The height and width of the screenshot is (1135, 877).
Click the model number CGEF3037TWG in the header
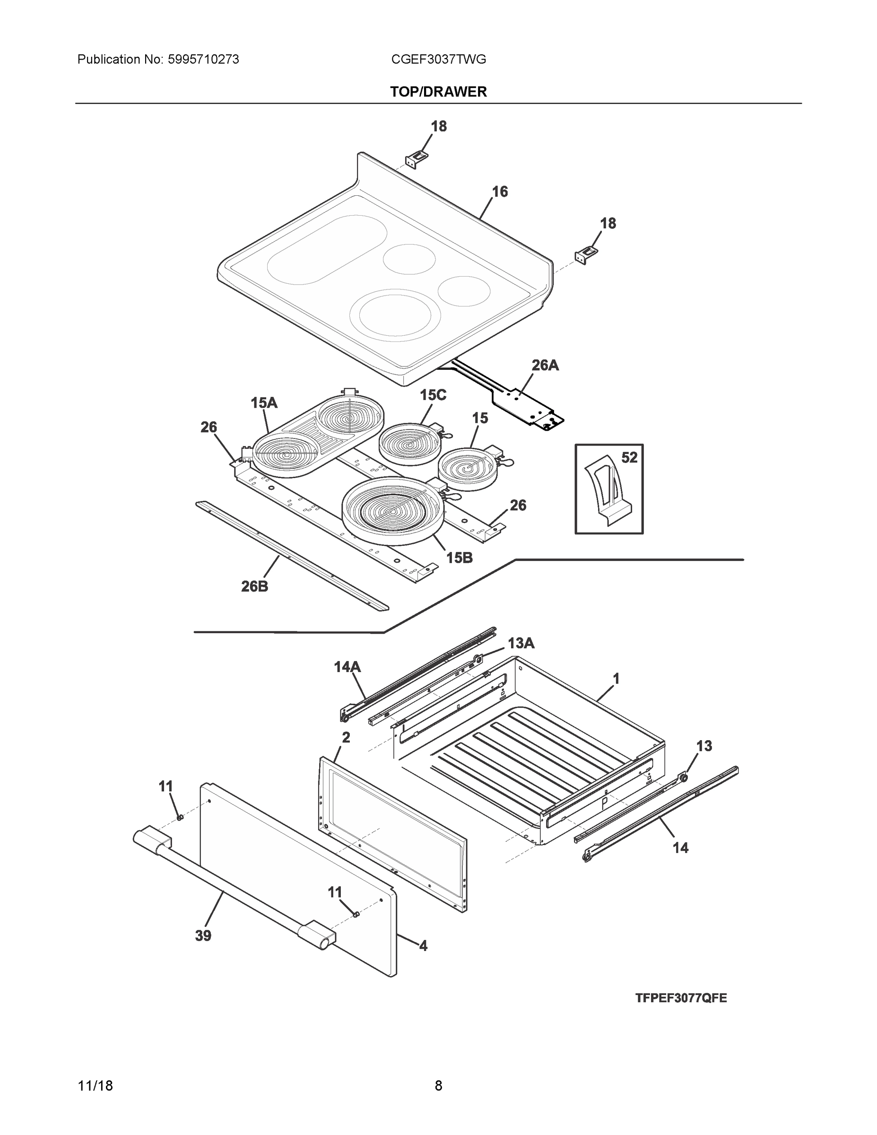pyautogui.click(x=439, y=60)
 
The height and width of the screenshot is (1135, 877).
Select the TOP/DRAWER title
pyautogui.click(x=439, y=92)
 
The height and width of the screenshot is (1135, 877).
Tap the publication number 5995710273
pyautogui.click(x=203, y=60)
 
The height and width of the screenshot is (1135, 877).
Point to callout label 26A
pyautogui.click(x=545, y=366)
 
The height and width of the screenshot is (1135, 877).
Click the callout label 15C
pyautogui.click(x=433, y=395)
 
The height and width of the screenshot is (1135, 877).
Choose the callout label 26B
pyautogui.click(x=254, y=586)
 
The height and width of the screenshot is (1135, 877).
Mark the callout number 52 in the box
pyautogui.click(x=629, y=458)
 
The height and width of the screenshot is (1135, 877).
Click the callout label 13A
pyautogui.click(x=521, y=643)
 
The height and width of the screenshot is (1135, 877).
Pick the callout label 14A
pyautogui.click(x=347, y=667)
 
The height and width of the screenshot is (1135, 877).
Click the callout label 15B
pyautogui.click(x=459, y=558)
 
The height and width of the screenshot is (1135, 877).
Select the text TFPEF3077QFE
pyautogui.click(x=681, y=998)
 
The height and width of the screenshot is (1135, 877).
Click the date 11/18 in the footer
pyautogui.click(x=95, y=1086)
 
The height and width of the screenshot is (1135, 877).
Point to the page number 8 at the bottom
pyautogui.click(x=439, y=1086)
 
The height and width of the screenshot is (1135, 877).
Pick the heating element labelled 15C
pyautogui.click(x=410, y=443)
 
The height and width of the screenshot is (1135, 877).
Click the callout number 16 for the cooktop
pyautogui.click(x=500, y=192)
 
